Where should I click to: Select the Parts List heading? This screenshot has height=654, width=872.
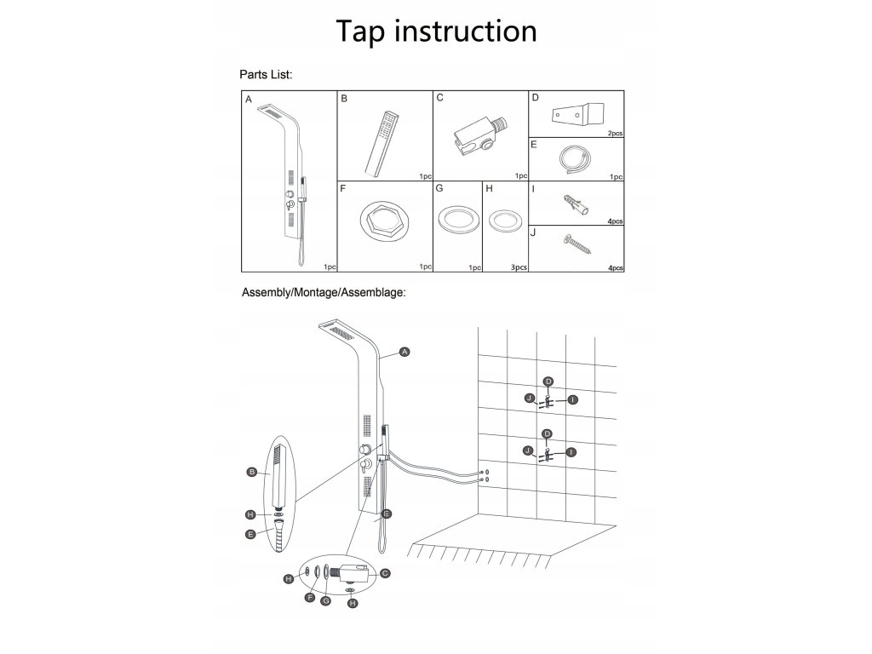tap(267, 75)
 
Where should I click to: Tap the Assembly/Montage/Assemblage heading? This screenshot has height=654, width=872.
tap(323, 292)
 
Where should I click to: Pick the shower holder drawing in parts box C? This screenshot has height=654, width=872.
tap(479, 135)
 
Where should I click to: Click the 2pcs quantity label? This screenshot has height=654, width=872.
tap(616, 134)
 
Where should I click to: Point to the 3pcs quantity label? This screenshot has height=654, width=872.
tap(519, 267)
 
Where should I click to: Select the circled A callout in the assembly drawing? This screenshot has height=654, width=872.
tap(405, 352)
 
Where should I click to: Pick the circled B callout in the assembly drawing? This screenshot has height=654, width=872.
tap(252, 471)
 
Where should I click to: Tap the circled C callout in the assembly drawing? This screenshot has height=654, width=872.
tap(385, 573)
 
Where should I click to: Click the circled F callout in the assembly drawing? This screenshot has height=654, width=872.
tap(310, 598)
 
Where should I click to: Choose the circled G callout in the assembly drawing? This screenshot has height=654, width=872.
tap(325, 601)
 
